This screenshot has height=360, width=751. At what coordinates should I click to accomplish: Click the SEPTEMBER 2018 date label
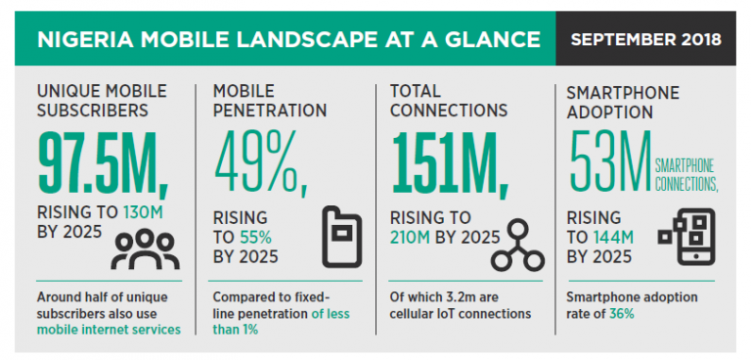(645, 40)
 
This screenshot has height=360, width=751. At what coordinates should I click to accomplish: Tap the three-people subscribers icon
(145, 248)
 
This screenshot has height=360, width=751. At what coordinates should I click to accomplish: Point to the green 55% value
(256, 236)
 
